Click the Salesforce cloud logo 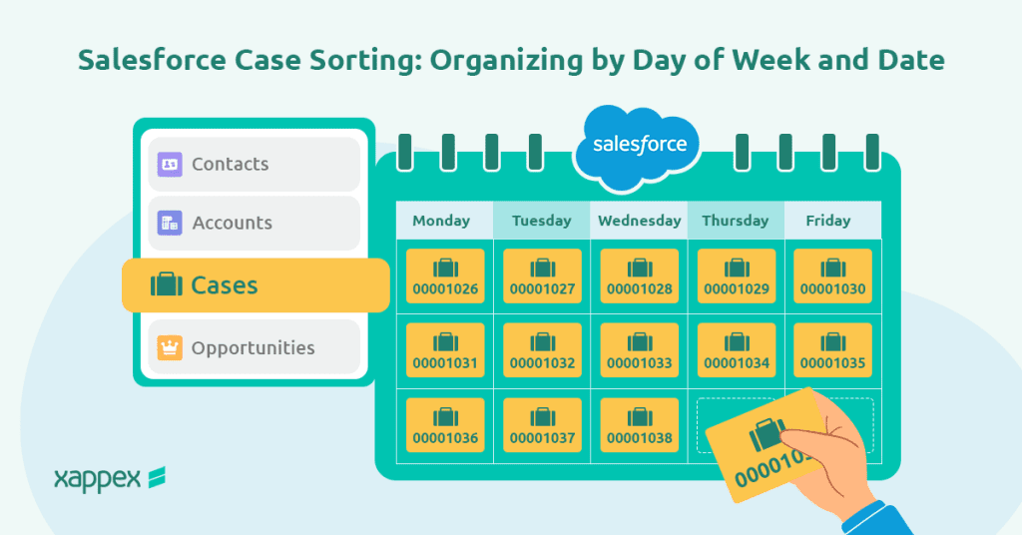pyautogui.click(x=639, y=147)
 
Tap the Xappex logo pyautogui.click(x=109, y=478)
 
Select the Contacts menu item pyautogui.click(x=254, y=164)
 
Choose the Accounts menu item pyautogui.click(x=254, y=223)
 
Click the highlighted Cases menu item pyautogui.click(x=255, y=285)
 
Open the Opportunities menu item pyautogui.click(x=254, y=347)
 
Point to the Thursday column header pyautogui.click(x=735, y=221)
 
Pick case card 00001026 pyautogui.click(x=445, y=276)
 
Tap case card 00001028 pyautogui.click(x=639, y=276)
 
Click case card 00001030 pyautogui.click(x=832, y=276)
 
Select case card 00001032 pyautogui.click(x=542, y=350)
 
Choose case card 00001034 pyautogui.click(x=736, y=350)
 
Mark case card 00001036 pyautogui.click(x=445, y=425)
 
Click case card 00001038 pyautogui.click(x=639, y=425)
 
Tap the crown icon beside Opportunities pyautogui.click(x=170, y=348)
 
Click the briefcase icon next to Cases pyautogui.click(x=166, y=285)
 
